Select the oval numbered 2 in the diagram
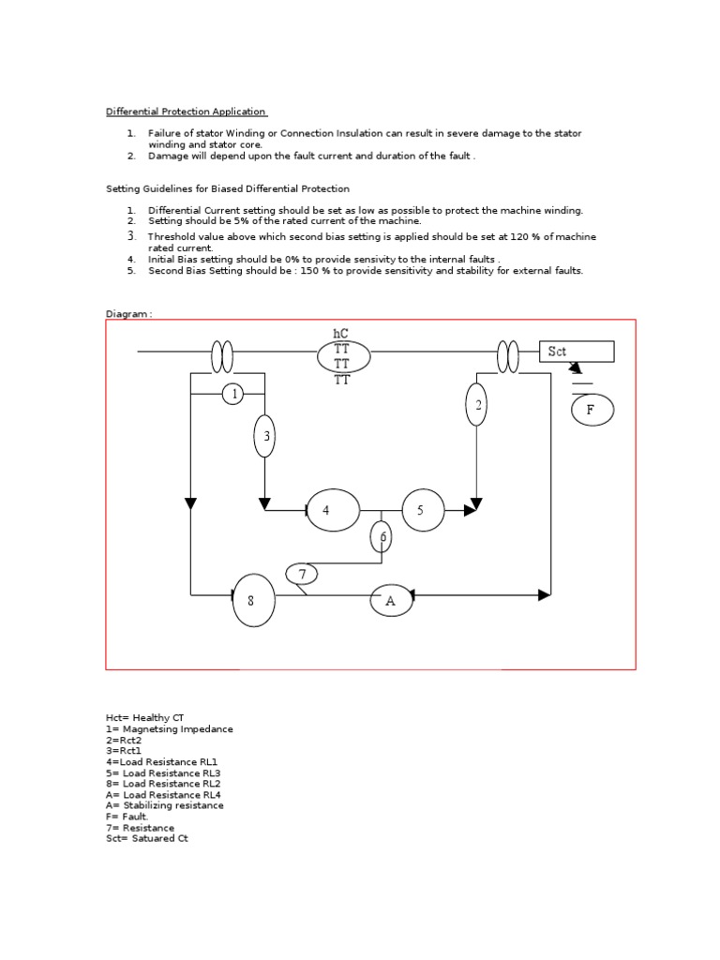click(x=477, y=404)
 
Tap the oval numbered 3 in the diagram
click(x=265, y=436)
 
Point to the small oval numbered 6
click(x=382, y=537)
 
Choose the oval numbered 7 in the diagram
click(x=302, y=574)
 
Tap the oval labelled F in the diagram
click(x=592, y=410)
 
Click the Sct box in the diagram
click(x=576, y=352)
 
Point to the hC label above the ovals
click(x=340, y=334)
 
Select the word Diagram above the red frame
click(x=127, y=314)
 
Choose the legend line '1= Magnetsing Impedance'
click(x=170, y=728)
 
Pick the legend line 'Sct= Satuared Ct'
click(x=147, y=838)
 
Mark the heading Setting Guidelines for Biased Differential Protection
click(x=228, y=188)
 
